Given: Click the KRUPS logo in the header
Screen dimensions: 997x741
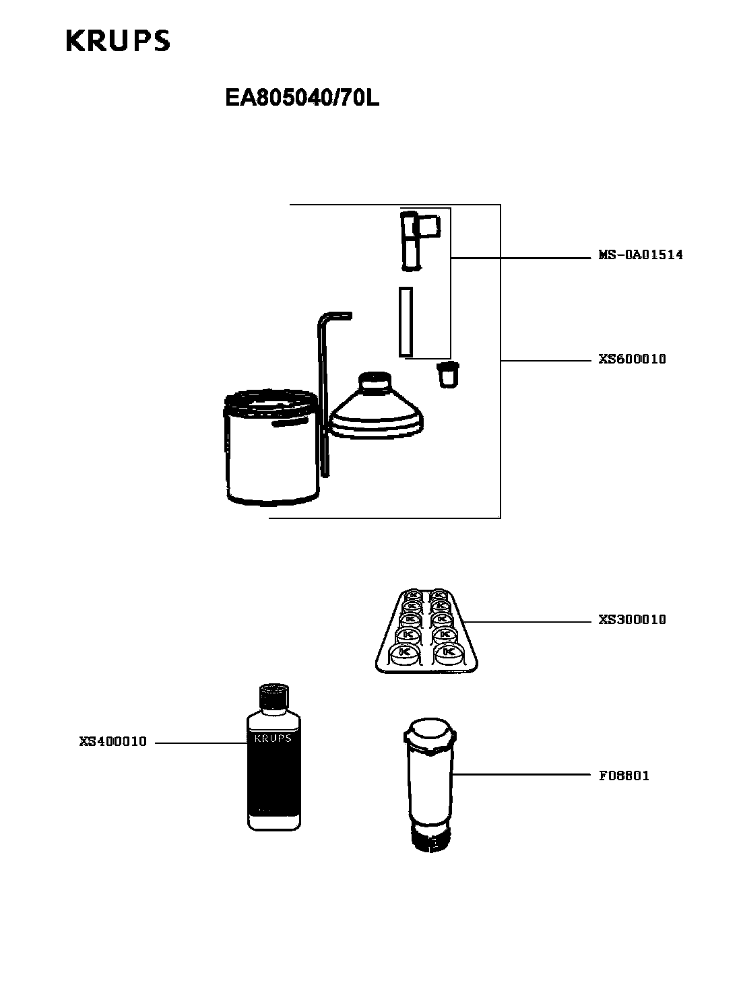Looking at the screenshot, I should click(118, 41).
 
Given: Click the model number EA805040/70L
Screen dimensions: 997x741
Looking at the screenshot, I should click(302, 99).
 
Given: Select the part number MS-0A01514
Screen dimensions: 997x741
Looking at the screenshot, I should click(641, 255).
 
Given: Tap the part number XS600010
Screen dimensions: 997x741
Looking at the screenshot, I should click(632, 359).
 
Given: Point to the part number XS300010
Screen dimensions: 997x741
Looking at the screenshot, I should click(632, 620).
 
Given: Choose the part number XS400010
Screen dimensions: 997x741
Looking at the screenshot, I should click(112, 742).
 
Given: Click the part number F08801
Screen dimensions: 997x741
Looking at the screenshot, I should click(624, 776).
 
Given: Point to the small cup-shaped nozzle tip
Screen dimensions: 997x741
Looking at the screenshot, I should click(447, 374).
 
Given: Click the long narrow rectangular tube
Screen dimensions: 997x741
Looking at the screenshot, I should click(405, 322).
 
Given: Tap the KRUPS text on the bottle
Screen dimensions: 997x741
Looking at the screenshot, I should click(273, 738).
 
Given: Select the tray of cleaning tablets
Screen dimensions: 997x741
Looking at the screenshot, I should click(426, 631).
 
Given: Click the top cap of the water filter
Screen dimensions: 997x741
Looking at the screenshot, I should click(429, 733).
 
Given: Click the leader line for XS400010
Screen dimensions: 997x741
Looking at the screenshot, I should click(200, 743).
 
